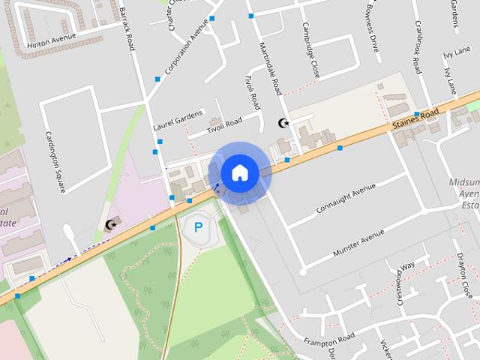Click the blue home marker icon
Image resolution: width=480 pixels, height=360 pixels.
[239, 172]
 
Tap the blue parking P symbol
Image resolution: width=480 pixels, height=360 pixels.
[199, 227]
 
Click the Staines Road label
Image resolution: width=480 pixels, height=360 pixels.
[415, 121]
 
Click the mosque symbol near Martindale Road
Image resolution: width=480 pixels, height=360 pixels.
[283, 123]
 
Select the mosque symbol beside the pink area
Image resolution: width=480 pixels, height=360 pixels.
[111, 224]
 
